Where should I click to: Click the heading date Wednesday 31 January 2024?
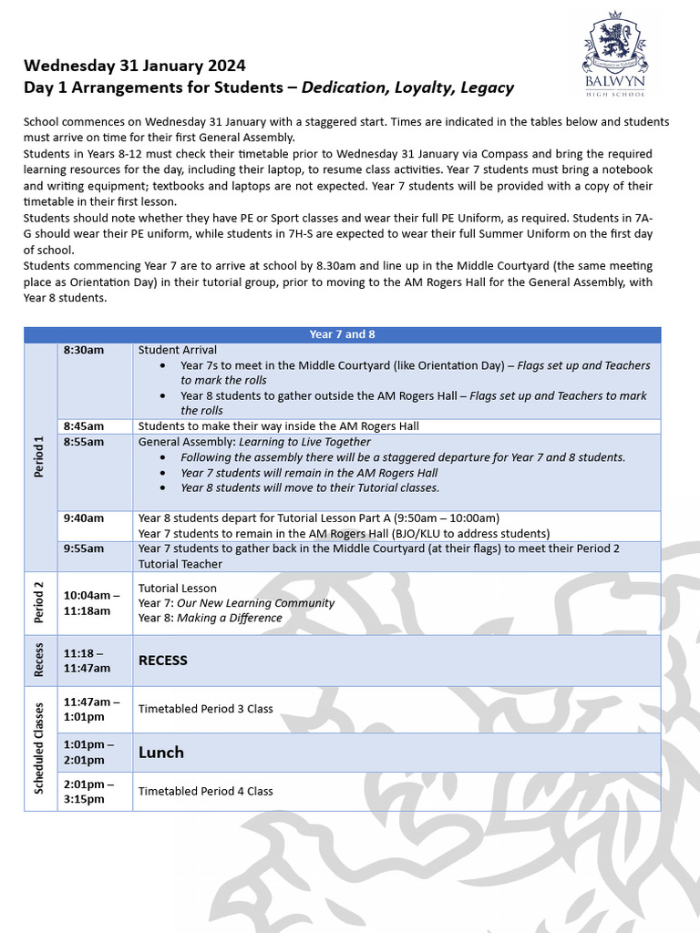pyautogui.click(x=134, y=67)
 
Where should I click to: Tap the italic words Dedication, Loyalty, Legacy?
pyautogui.click(x=407, y=88)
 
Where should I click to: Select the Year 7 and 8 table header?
pyautogui.click(x=342, y=334)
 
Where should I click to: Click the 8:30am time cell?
pyautogui.click(x=84, y=350)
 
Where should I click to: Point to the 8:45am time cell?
pyautogui.click(x=84, y=426)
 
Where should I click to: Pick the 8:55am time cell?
pyautogui.click(x=84, y=442)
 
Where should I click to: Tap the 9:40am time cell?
pyautogui.click(x=84, y=518)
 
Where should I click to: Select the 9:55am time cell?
pyautogui.click(x=84, y=549)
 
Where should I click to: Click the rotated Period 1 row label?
pyautogui.click(x=40, y=457)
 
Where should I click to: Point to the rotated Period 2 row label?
pyautogui.click(x=40, y=603)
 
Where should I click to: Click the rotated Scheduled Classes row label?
pyautogui.click(x=40, y=748)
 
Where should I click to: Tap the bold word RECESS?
pyautogui.click(x=162, y=661)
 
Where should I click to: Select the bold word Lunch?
pyautogui.click(x=160, y=753)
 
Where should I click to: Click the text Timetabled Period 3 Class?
pyautogui.click(x=205, y=709)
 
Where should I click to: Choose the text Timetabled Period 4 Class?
pyautogui.click(x=205, y=791)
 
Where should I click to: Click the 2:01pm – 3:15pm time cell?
pyautogui.click(x=89, y=791)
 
